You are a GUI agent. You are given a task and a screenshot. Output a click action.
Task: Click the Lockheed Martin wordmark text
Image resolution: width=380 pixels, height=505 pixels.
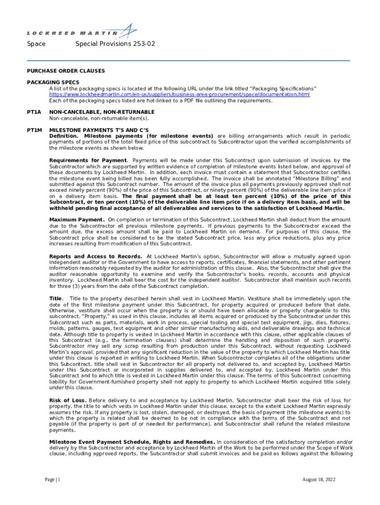pyautogui.click(x=72, y=34)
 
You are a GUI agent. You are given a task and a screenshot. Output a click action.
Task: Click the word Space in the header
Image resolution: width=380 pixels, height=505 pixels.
pyautogui.click(x=36, y=44)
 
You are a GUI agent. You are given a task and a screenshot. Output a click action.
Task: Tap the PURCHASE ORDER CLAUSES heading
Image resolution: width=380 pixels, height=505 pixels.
pyautogui.click(x=66, y=71)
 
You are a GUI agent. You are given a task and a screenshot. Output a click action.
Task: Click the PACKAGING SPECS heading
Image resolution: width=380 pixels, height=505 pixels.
pyautogui.click(x=53, y=82)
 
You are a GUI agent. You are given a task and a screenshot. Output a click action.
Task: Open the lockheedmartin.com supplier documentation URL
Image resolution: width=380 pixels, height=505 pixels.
pyautogui.click(x=179, y=94)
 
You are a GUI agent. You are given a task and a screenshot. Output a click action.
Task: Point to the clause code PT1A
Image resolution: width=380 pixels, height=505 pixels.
pyautogui.click(x=34, y=112)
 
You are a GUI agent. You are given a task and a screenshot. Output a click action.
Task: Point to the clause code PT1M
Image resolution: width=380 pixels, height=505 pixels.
pyautogui.click(x=34, y=129)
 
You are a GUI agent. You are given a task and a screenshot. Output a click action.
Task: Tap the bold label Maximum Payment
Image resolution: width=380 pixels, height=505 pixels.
pyautogui.click(x=76, y=219)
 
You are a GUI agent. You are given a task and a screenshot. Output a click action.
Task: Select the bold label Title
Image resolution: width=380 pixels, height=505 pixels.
pyautogui.click(x=56, y=298)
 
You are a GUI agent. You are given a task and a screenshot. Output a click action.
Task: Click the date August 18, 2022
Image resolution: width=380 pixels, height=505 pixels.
pyautogui.click(x=319, y=479)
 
